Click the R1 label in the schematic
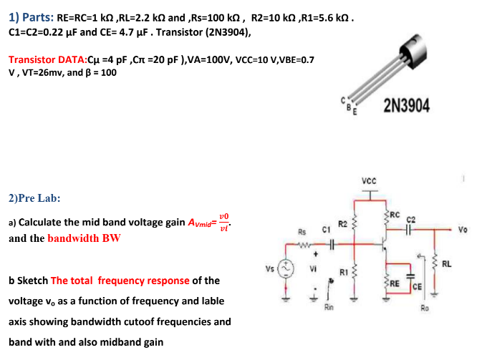point(344,272)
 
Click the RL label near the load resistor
point(447,264)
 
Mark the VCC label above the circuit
point(369,182)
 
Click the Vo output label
point(463,230)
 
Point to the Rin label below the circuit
point(329,307)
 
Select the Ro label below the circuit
point(425,308)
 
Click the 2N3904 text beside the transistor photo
point(407,106)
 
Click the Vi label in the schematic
point(314,270)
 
